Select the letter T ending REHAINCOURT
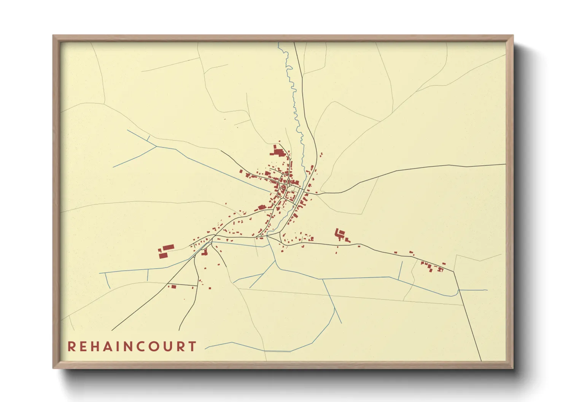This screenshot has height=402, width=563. point(192,347)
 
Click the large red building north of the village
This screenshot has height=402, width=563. point(278,152)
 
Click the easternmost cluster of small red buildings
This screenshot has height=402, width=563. point(432,266)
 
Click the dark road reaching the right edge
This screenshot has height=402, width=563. point(476,166)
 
